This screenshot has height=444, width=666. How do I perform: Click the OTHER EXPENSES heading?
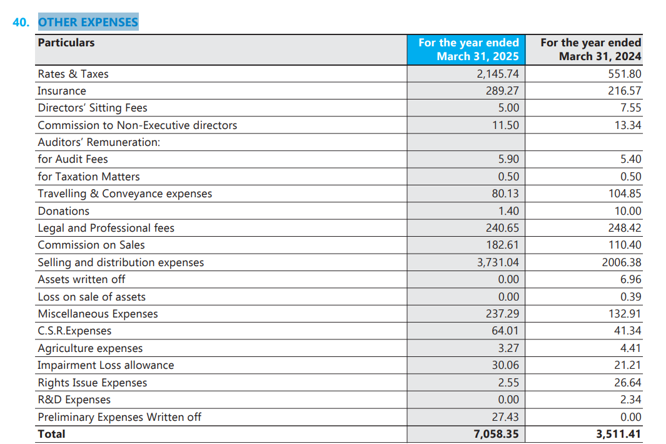88,22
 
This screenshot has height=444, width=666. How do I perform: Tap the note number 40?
21,22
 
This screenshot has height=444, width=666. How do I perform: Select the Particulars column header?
66,43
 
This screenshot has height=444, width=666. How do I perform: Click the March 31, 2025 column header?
468,49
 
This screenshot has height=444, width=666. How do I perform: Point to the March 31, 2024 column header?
591,49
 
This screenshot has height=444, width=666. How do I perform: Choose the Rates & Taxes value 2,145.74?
498,74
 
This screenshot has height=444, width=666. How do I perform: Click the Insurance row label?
61,91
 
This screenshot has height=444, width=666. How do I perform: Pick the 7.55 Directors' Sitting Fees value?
631,108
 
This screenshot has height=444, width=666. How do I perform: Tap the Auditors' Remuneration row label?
99,142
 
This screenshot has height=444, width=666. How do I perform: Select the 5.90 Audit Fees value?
508,159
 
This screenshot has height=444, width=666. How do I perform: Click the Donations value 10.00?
628,211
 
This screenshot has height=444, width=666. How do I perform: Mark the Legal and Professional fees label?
106,228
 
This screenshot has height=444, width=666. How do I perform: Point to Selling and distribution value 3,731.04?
498,262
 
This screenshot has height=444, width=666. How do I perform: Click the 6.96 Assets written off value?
631,279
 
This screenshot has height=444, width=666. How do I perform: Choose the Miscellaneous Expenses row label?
98,314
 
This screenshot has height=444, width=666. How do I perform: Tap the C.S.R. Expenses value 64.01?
505,331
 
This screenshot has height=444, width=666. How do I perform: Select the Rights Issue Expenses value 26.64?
628,383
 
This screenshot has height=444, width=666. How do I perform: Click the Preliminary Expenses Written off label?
119,417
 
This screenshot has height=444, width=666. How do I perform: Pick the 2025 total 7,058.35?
496,434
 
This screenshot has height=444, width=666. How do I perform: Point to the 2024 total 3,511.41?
618,434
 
